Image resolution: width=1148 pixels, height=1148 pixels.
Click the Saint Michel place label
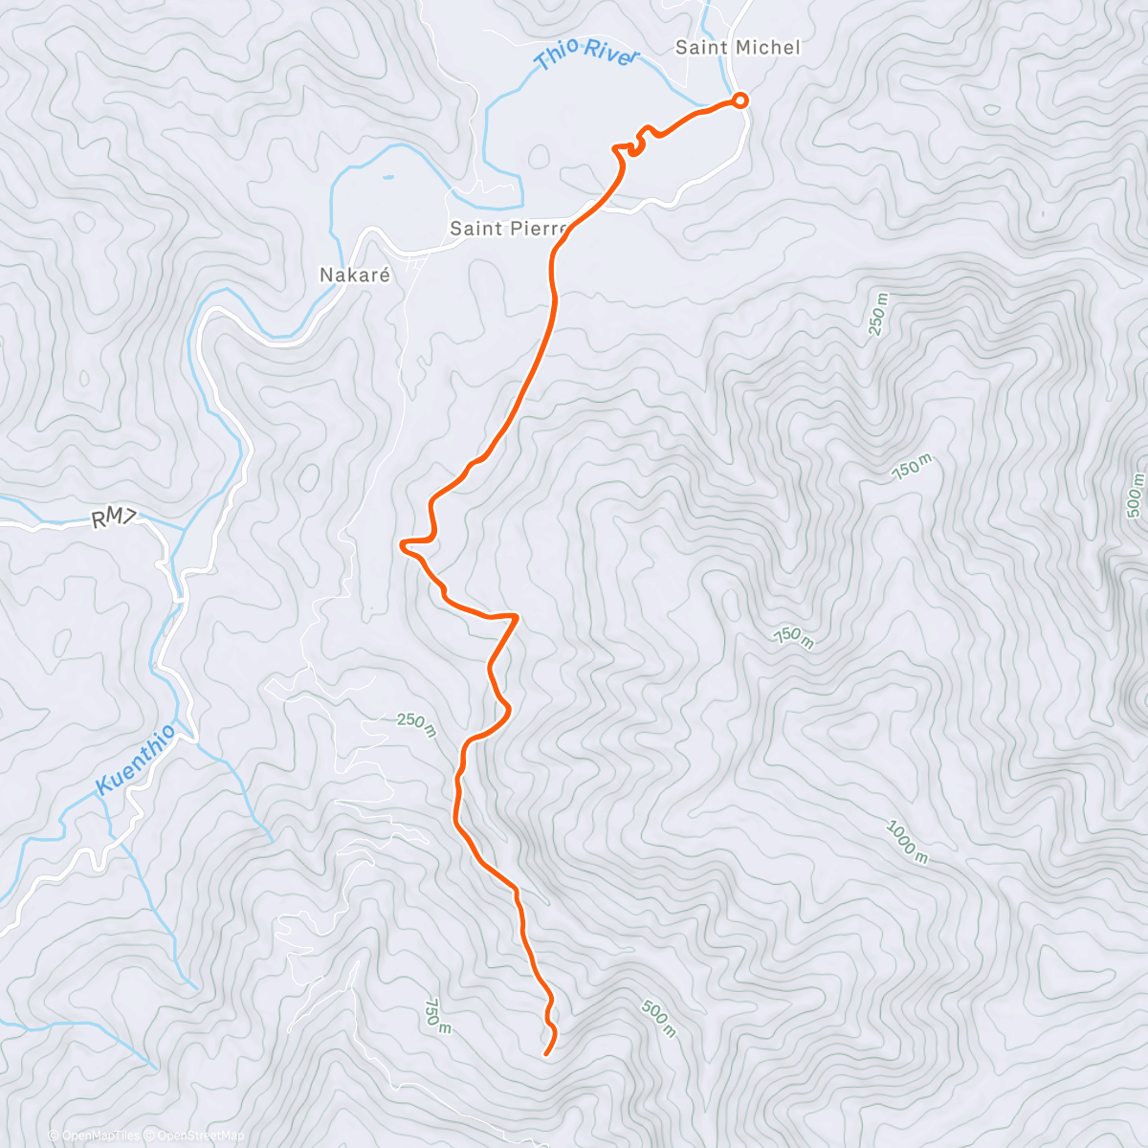click(738, 47)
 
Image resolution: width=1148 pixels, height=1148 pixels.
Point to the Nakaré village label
click(355, 275)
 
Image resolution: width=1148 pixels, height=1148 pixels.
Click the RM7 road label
click(116, 519)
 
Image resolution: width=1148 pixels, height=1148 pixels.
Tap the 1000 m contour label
click(906, 842)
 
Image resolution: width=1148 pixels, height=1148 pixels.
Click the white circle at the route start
click(740, 99)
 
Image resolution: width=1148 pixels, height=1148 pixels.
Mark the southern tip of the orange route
click(545, 1054)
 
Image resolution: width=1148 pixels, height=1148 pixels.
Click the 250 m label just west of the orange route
click(416, 725)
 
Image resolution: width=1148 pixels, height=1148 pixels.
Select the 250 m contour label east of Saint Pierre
click(878, 315)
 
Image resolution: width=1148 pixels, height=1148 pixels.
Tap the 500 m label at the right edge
click(1136, 496)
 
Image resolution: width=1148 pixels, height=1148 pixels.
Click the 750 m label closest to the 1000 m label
click(794, 637)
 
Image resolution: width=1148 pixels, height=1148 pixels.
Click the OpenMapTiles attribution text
click(94, 1136)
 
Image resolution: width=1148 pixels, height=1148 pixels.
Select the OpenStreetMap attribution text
click(194, 1136)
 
